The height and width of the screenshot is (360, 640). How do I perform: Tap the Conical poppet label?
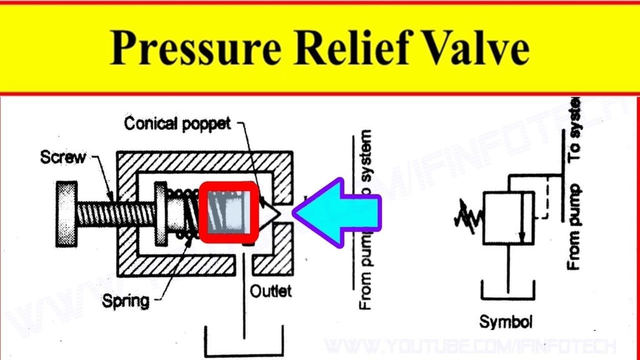[177, 124]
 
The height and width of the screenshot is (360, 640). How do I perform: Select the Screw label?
[62, 156]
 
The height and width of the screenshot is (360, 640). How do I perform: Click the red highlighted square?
[229, 212]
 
